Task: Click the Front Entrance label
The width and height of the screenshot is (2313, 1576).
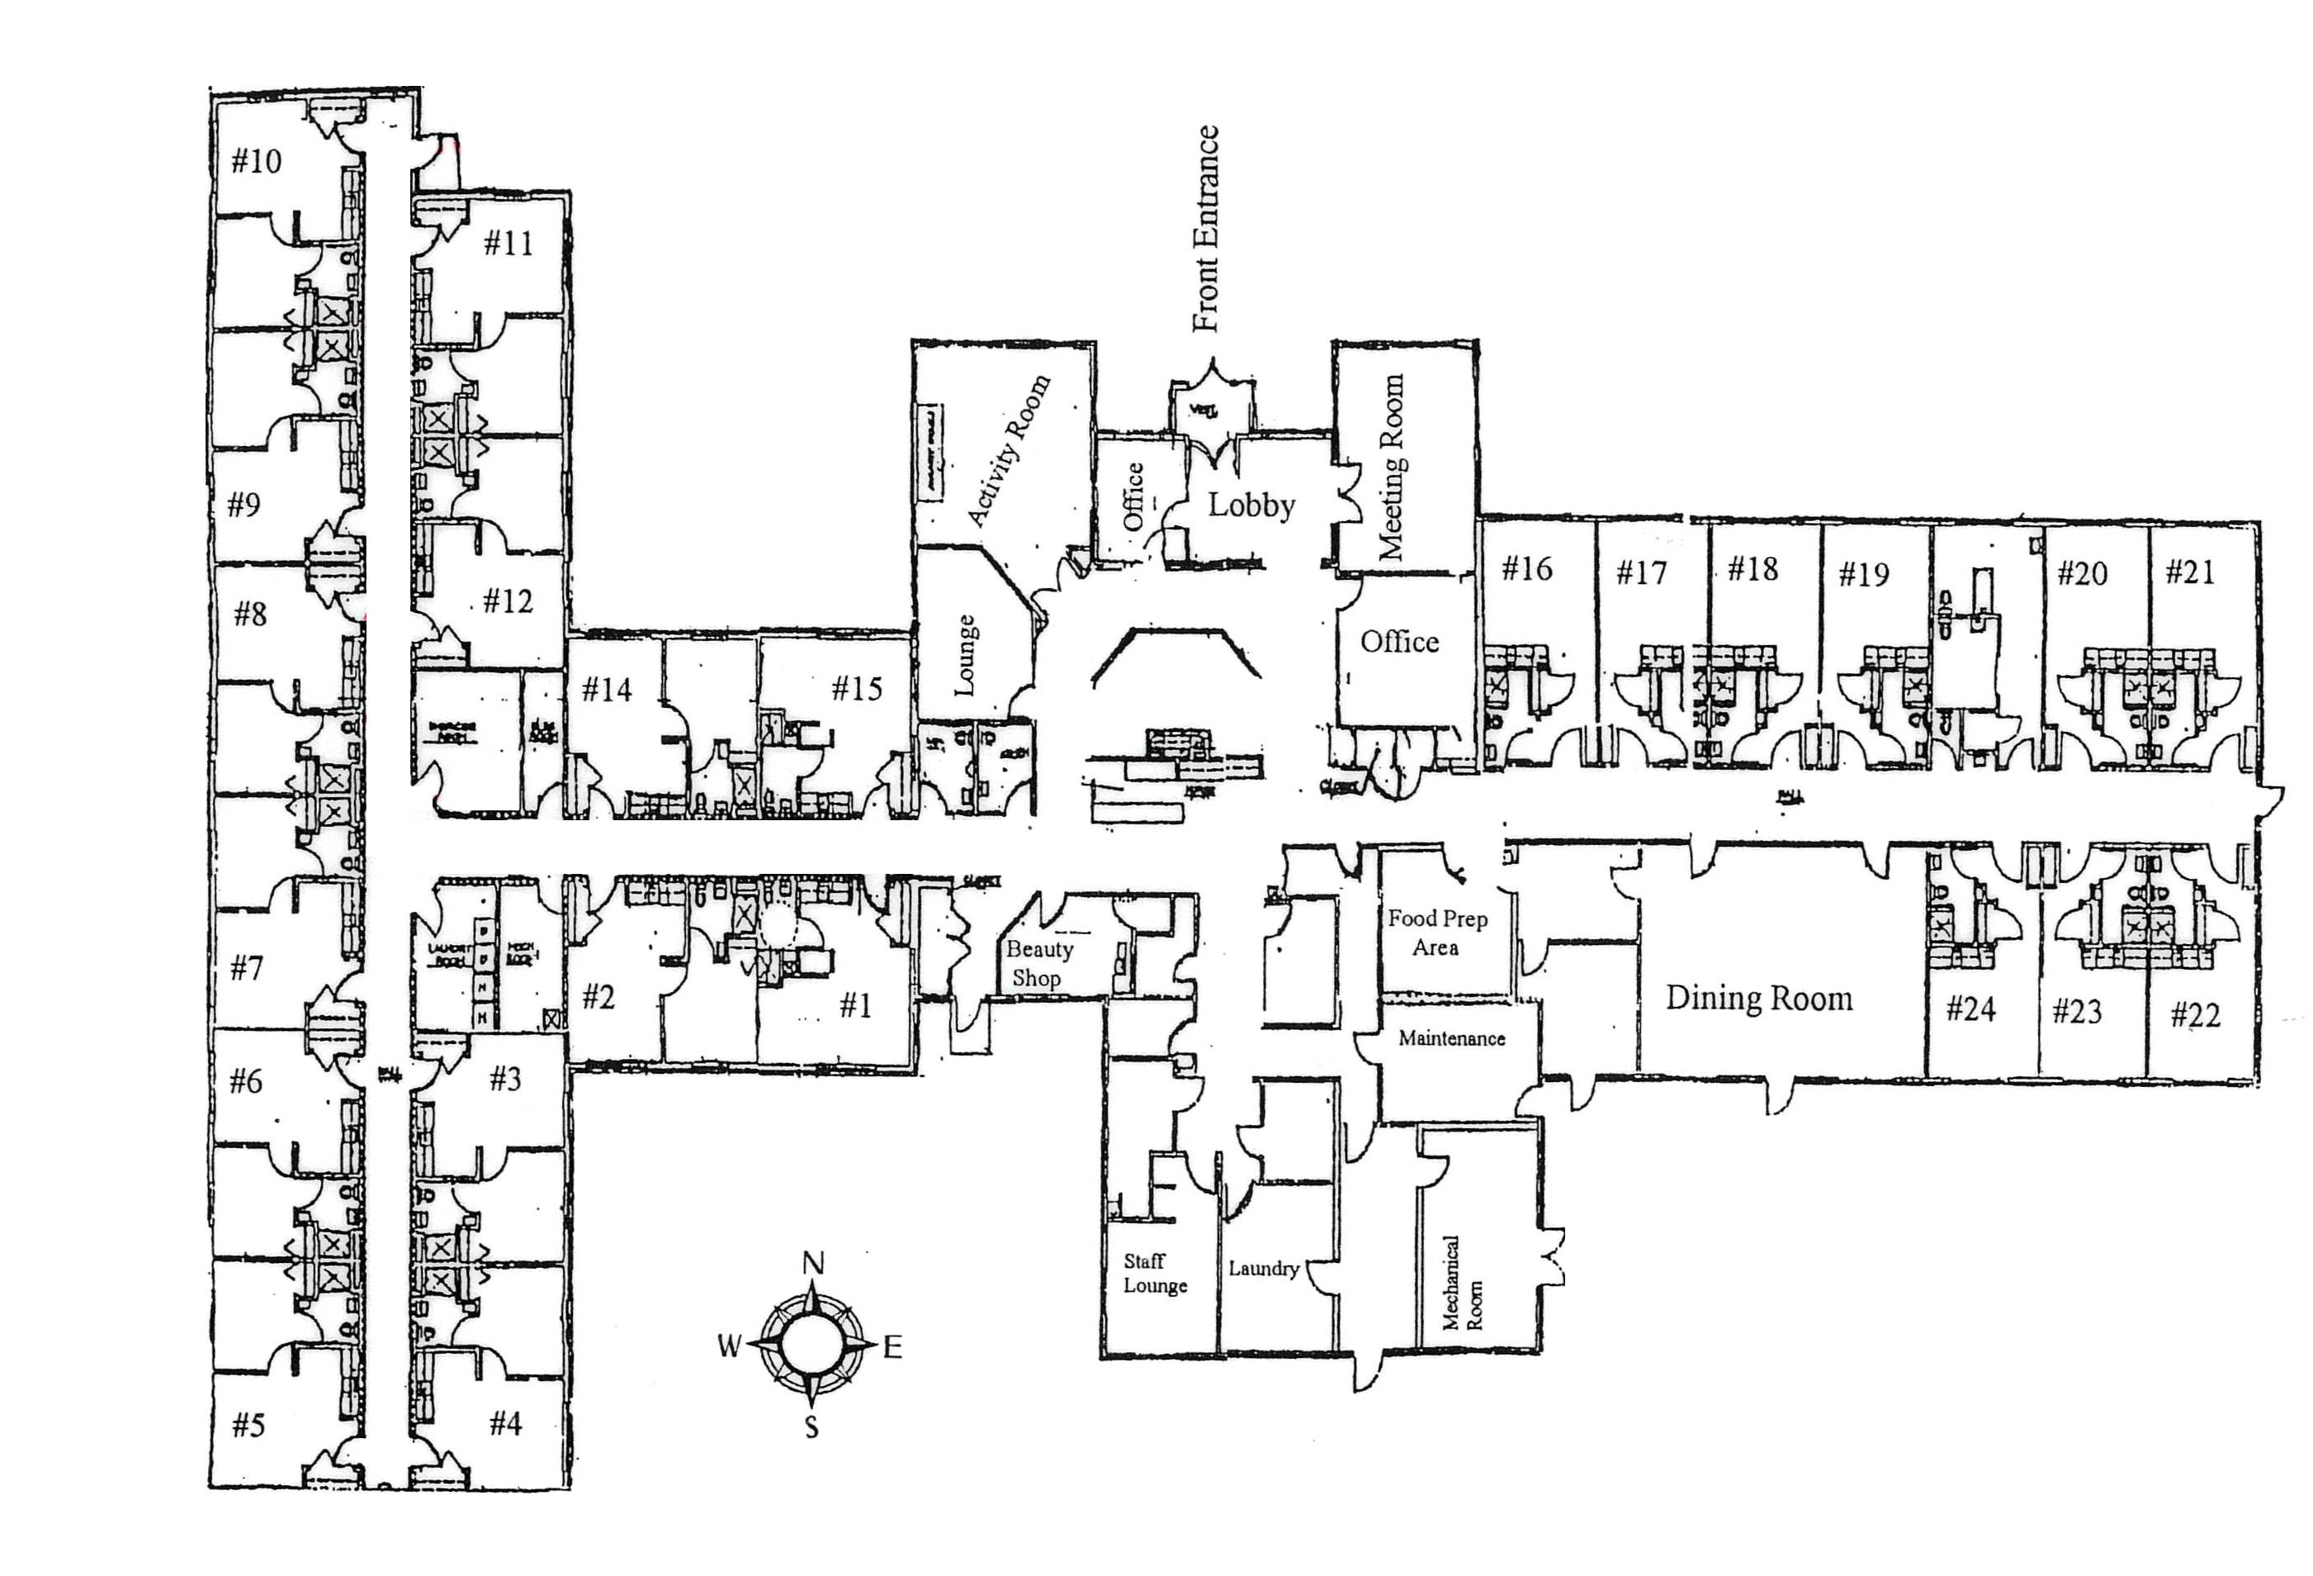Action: coord(1205,228)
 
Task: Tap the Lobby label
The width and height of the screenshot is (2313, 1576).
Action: coord(1251,506)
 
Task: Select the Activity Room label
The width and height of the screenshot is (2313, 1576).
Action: coord(1008,450)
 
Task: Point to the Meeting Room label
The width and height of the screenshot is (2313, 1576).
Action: coord(1390,467)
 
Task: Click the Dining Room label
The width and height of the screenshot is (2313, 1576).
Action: coord(1758,999)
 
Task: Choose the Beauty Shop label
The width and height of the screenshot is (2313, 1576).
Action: coord(1038,964)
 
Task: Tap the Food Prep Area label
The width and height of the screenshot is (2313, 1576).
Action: coord(1437,933)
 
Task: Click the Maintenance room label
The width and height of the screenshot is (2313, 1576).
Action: coord(1451,1038)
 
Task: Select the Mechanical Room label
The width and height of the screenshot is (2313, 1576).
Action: coord(1462,1284)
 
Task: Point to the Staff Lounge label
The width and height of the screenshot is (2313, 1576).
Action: coord(1155,1274)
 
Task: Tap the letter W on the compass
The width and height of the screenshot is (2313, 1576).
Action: coord(730,1347)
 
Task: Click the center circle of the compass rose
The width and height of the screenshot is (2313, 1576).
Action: coord(813,1345)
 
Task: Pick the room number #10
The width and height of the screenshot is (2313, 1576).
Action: coord(256,161)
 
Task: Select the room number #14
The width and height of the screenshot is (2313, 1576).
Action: coord(606,689)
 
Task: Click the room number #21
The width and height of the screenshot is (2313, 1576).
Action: coord(2189,572)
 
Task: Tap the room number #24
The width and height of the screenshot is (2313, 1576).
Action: coord(1970,1009)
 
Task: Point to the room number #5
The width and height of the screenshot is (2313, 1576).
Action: coord(248,1425)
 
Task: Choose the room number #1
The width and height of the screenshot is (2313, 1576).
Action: coord(855,1005)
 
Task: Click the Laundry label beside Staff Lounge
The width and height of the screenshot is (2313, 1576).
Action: coord(1263,1269)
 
